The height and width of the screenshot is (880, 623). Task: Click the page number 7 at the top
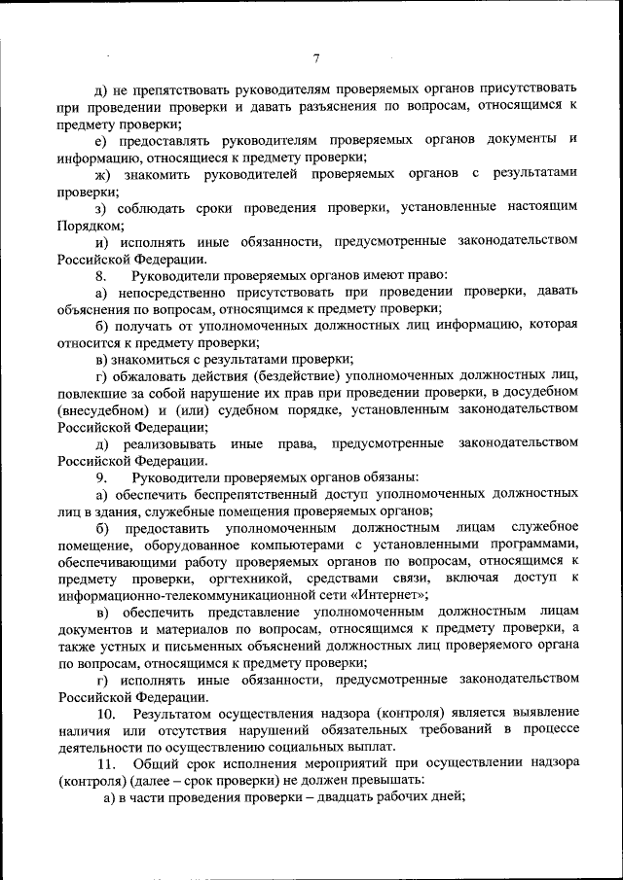316,58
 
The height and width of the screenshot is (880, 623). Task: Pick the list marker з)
101,208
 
